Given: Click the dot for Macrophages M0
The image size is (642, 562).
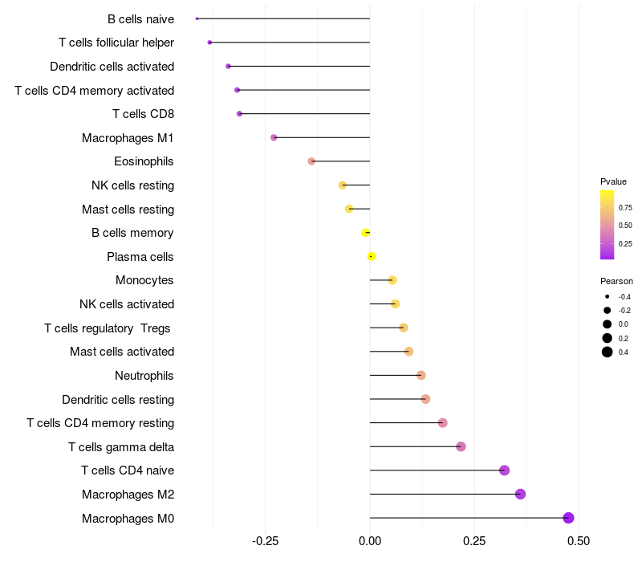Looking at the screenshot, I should pyautogui.click(x=568, y=518).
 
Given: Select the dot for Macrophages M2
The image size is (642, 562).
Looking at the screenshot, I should pyautogui.click(x=520, y=494).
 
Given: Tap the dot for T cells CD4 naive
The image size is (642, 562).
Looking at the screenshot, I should pyautogui.click(x=504, y=470).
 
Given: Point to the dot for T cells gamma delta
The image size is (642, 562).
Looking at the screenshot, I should pyautogui.click(x=461, y=446).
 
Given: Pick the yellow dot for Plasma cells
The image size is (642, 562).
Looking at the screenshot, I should pyautogui.click(x=371, y=256).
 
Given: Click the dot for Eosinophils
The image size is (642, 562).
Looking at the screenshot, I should pyautogui.click(x=311, y=161).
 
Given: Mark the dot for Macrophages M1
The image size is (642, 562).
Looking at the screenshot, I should pyautogui.click(x=274, y=137).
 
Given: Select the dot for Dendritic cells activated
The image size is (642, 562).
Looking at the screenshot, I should pyautogui.click(x=228, y=66).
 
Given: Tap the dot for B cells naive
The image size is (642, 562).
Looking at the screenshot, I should pyautogui.click(x=197, y=18).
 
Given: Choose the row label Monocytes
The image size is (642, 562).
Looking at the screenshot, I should pyautogui.click(x=144, y=280).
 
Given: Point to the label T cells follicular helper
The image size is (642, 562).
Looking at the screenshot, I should pyautogui.click(x=116, y=43).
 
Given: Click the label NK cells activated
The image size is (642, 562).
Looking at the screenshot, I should pyautogui.click(x=127, y=304).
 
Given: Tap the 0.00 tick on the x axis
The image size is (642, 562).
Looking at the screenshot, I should pyautogui.click(x=370, y=541).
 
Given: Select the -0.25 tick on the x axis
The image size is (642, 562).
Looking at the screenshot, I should pyautogui.click(x=265, y=541).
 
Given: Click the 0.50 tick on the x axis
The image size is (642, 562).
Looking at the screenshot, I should pyautogui.click(x=578, y=541).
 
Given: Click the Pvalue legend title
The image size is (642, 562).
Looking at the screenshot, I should pyautogui.click(x=613, y=181).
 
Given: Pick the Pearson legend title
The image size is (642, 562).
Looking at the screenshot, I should pyautogui.click(x=616, y=281).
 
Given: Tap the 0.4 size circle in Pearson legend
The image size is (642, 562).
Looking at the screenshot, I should pyautogui.click(x=607, y=352).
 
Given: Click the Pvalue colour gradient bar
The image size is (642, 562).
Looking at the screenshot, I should pyautogui.click(x=607, y=225).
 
